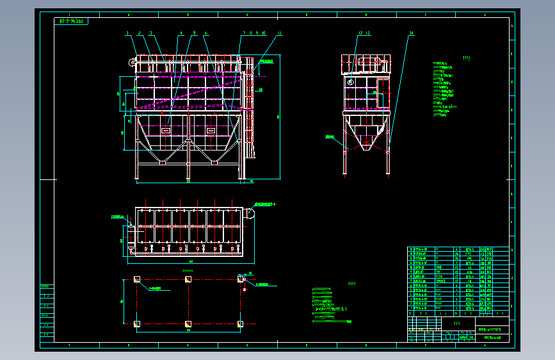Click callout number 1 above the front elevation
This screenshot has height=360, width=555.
pyautogui.click(x=127, y=33)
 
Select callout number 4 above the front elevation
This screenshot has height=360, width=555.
pyautogui.click(x=181, y=33)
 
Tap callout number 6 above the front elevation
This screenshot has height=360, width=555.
pyautogui.click(x=206, y=33)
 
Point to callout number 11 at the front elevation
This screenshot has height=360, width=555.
pyautogui.click(x=280, y=33)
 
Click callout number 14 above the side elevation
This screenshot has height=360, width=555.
pyautogui.click(x=411, y=33)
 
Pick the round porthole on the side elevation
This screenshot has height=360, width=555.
pyautogui.click(x=350, y=82)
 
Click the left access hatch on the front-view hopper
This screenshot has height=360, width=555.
pyautogui.click(x=166, y=130)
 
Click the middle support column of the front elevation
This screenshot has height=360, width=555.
pyautogui.click(x=188, y=168)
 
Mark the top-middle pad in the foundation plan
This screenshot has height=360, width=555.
pyautogui.click(x=188, y=279)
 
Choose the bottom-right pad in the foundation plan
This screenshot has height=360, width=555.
pyautogui.click(x=240, y=323)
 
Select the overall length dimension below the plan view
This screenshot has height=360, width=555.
pyautogui.click(x=190, y=261)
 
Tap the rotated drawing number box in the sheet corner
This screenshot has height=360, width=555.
pyautogui.click(x=72, y=21)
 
